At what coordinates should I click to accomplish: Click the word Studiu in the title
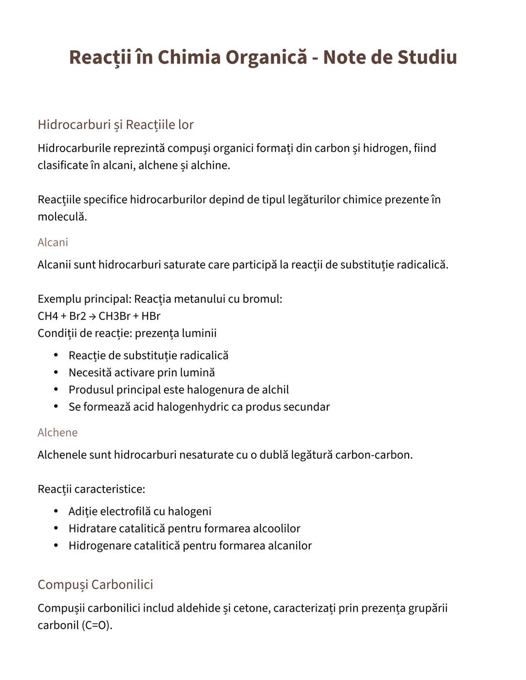point(427,57)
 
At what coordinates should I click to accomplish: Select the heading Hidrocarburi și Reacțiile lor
point(115,125)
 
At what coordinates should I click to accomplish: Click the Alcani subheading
point(53,242)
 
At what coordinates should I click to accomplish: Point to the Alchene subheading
point(57,433)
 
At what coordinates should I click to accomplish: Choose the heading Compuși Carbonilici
point(95,585)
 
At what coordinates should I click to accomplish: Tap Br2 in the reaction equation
point(77,316)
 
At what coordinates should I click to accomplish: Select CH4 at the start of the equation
point(48,316)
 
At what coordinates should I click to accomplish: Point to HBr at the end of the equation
point(150,316)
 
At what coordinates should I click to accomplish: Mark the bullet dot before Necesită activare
point(56,373)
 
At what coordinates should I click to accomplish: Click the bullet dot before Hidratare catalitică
point(56,529)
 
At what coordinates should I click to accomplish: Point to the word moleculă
point(62,217)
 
